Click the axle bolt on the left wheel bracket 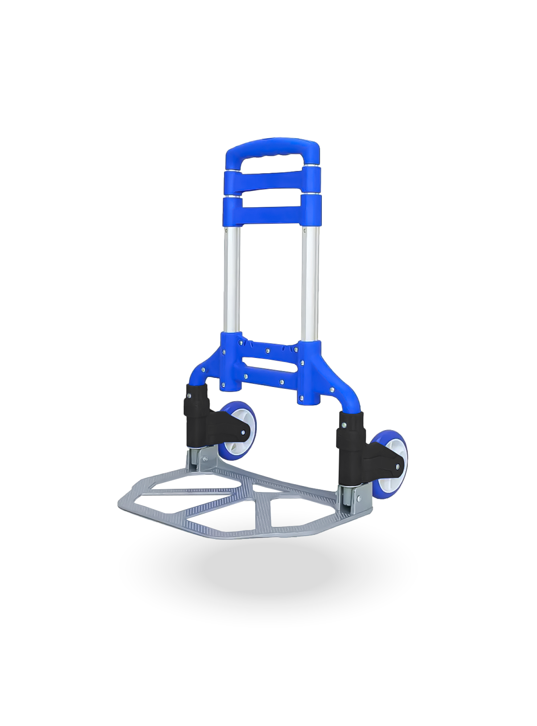(243, 432)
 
